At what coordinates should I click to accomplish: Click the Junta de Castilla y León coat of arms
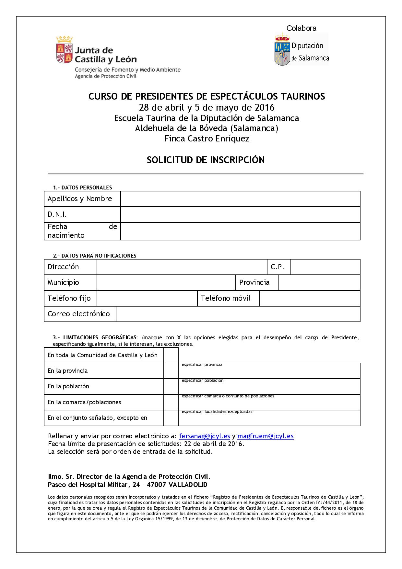64,50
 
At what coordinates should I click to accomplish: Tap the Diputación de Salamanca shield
282,49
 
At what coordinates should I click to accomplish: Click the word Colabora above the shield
301,28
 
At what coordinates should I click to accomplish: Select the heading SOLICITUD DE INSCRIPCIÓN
206,160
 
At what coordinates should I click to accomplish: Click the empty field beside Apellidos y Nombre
240,199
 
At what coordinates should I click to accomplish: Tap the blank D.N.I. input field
240,214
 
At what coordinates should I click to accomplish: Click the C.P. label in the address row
277,267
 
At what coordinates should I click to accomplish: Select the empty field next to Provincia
319,283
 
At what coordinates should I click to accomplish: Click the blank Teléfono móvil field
310,298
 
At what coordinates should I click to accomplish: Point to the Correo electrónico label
79,314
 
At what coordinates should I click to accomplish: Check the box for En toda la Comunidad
171,355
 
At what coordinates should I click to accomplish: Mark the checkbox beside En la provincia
171,371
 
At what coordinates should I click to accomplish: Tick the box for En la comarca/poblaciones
171,402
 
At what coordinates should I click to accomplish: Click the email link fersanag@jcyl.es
204,436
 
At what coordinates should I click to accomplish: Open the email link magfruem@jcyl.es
266,436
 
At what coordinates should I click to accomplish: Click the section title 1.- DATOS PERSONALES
82,188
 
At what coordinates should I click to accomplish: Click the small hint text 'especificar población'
203,381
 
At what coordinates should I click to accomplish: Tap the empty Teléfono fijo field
147,298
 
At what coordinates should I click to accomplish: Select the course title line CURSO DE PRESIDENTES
207,96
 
